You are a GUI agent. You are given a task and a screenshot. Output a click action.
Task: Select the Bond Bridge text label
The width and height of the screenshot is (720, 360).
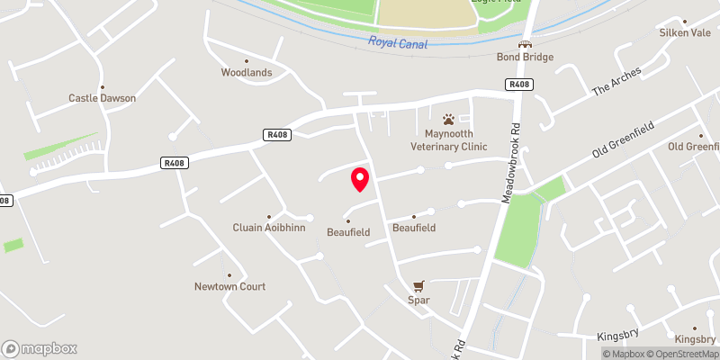pyautogui.click(x=525, y=57)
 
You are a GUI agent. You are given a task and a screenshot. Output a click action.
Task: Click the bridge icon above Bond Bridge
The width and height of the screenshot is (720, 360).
pyautogui.click(x=525, y=43)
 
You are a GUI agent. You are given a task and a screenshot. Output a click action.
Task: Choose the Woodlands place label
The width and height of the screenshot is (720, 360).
pyautogui.click(x=247, y=73)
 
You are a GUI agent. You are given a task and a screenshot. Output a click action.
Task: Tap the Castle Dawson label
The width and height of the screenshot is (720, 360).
pyautogui.click(x=102, y=97)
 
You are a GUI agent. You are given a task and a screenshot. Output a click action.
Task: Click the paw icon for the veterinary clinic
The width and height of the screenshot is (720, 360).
pyautogui.click(x=448, y=119)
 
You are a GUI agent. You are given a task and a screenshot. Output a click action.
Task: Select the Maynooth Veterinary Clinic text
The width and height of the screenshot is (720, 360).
pyautogui.click(x=448, y=139)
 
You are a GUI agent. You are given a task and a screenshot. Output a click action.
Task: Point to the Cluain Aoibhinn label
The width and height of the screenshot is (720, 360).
pyautogui.click(x=269, y=228)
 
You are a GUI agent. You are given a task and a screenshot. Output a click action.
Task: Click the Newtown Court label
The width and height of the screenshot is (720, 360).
pyautogui.click(x=229, y=287)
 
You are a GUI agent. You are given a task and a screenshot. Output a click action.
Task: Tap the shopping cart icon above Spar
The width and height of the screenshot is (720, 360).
pyautogui.click(x=417, y=286)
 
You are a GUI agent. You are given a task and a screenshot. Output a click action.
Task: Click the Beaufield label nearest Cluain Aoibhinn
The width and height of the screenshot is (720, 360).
pyautogui.click(x=347, y=231)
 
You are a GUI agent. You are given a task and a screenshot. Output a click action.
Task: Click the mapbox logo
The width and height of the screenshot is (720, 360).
pyautogui.click(x=40, y=348)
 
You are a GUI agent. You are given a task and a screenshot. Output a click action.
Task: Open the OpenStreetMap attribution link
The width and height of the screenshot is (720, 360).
pyautogui.click(x=681, y=354)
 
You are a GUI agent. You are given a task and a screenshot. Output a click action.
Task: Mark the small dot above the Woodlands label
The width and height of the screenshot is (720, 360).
pyautogui.click(x=247, y=61)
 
